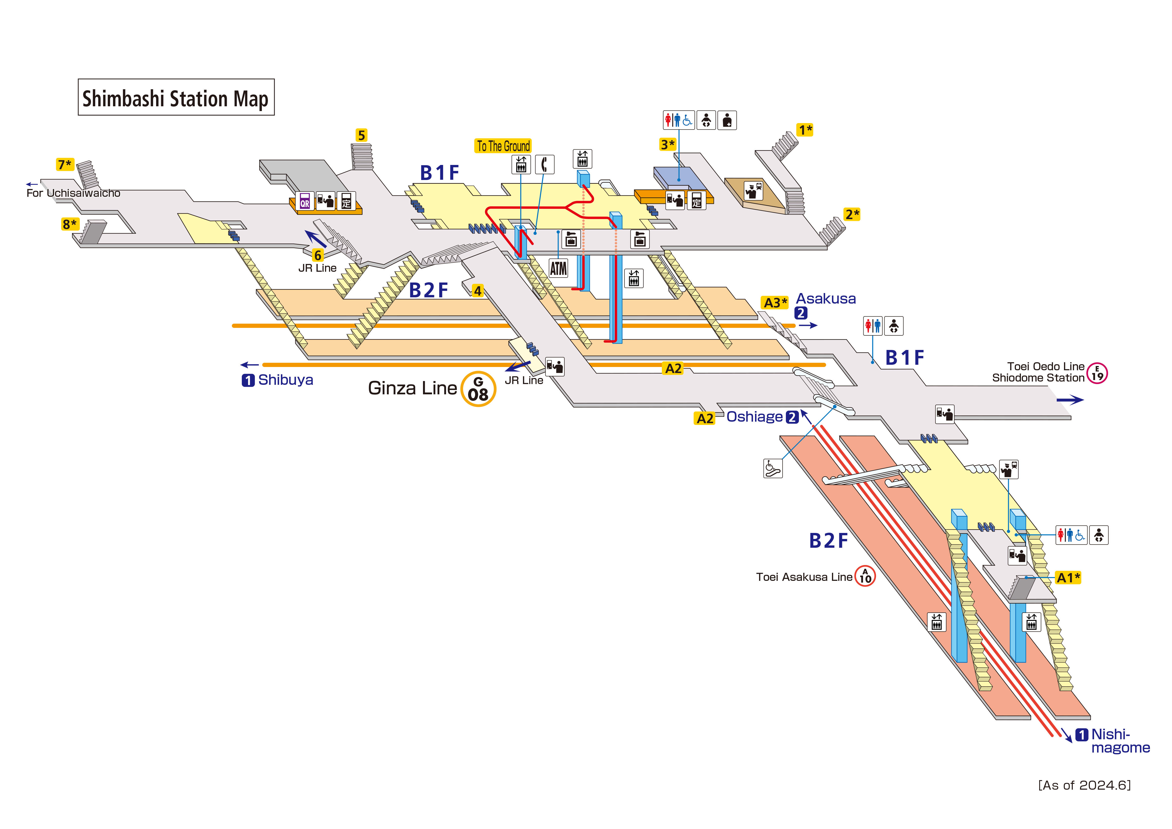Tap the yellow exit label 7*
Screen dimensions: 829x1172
pyautogui.click(x=65, y=164)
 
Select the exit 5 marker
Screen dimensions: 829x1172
pyautogui.click(x=361, y=135)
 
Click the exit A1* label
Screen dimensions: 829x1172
pyautogui.click(x=1068, y=578)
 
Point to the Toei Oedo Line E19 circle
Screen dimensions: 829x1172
pyautogui.click(x=1097, y=373)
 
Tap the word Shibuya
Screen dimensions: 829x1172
pyautogui.click(x=285, y=380)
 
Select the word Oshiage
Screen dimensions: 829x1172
pyautogui.click(x=754, y=417)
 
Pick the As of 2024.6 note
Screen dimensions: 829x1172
pyautogui.click(x=1084, y=785)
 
